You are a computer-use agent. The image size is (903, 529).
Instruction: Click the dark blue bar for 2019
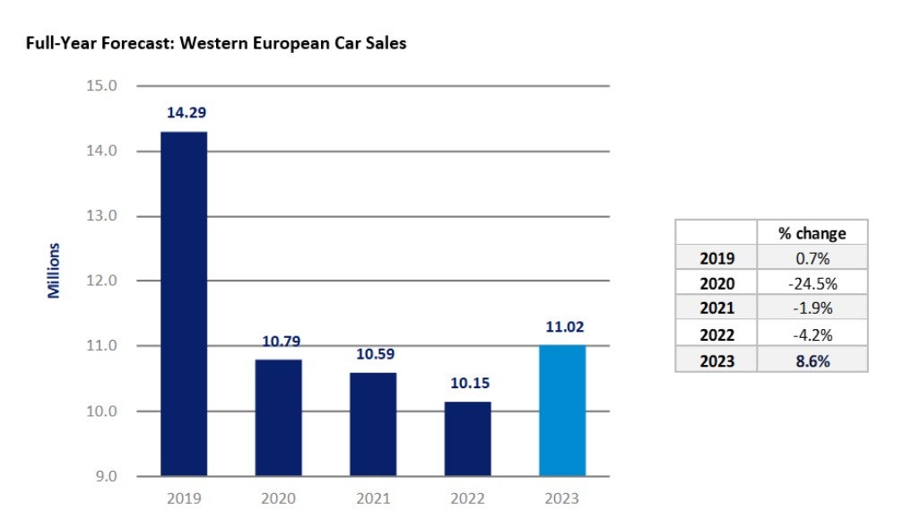click(184, 303)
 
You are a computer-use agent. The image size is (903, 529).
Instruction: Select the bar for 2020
click(278, 417)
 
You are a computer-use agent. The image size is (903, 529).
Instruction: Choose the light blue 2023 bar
click(562, 410)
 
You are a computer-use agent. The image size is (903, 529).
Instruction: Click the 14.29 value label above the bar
click(184, 114)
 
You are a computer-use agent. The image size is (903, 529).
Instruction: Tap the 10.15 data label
click(467, 384)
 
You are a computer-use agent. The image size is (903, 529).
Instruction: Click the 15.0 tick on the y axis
click(102, 86)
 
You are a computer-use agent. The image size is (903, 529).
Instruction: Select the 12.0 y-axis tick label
click(102, 281)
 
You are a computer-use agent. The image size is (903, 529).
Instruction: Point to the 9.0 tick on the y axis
click(106, 476)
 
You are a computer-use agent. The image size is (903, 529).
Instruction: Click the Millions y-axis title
click(54, 270)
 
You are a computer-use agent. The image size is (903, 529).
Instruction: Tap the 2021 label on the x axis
click(373, 499)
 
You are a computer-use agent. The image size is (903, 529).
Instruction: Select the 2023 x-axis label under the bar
click(562, 499)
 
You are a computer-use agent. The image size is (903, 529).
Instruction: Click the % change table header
click(812, 233)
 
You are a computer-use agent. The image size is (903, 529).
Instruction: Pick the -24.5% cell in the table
click(812, 283)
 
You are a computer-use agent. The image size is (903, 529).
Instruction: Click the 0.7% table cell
click(812, 258)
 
